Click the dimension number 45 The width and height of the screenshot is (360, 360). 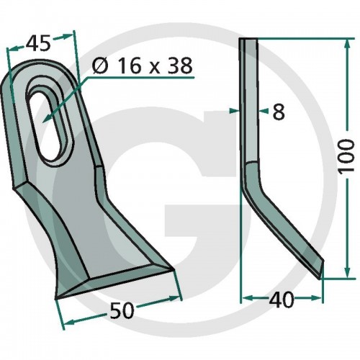click(x=39, y=44)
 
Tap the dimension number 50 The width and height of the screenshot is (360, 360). click(x=122, y=311)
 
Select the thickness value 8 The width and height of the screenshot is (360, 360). click(x=279, y=112)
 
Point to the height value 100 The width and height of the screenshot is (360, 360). click(x=346, y=156)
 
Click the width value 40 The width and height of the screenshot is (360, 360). click(x=282, y=300)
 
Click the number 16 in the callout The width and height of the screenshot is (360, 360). click(x=129, y=66)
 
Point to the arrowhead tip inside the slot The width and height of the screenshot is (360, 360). click(x=43, y=122)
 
